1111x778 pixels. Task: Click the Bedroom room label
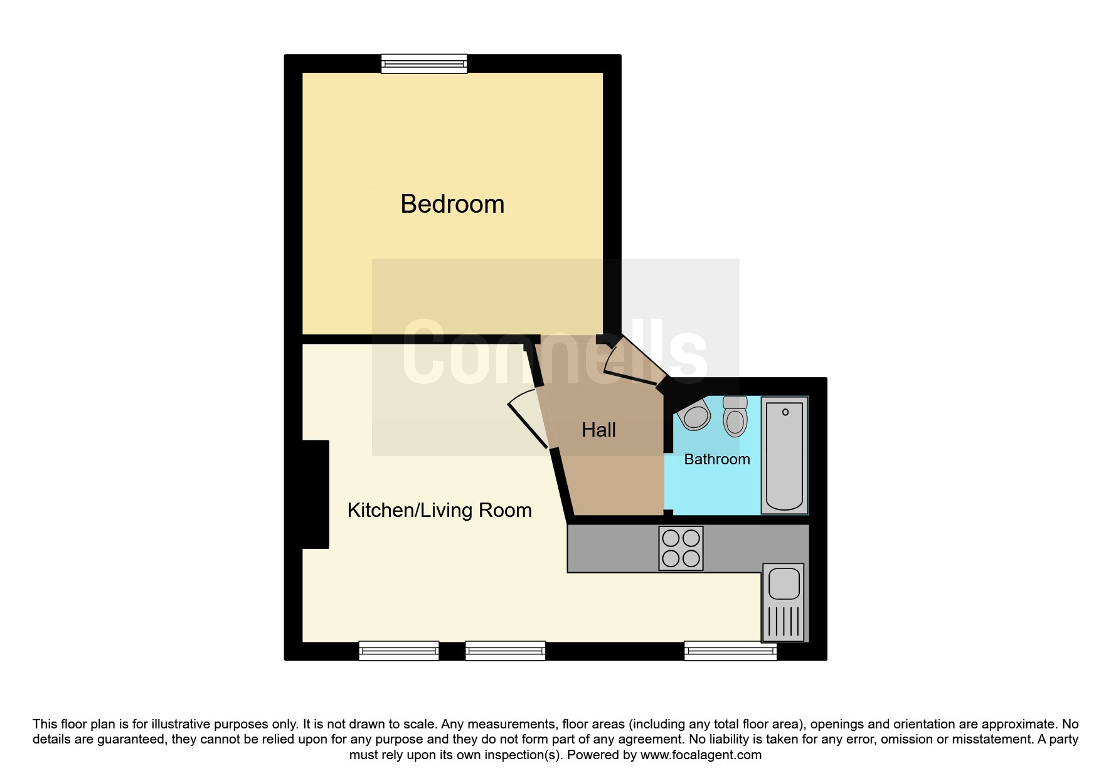tap(452, 204)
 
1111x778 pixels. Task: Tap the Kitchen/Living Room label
tap(439, 510)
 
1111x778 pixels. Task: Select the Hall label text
tap(598, 430)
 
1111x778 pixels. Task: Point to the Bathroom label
tap(717, 459)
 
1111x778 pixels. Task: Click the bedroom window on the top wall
tap(425, 64)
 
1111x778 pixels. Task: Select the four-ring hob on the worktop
tap(681, 548)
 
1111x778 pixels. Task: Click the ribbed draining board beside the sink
tap(784, 622)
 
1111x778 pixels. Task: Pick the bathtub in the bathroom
tap(784, 456)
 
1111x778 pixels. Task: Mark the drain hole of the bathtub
tap(785, 412)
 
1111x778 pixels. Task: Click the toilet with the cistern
tap(735, 416)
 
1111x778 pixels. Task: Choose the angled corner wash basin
tap(694, 415)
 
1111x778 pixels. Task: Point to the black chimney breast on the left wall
tap(316, 494)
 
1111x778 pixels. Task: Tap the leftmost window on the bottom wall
tap(398, 651)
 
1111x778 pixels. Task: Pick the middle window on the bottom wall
tap(505, 651)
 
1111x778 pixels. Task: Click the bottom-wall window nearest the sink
tap(730, 651)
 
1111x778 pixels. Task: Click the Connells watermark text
tap(555, 353)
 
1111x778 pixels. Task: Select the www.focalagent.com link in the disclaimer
tap(701, 755)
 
